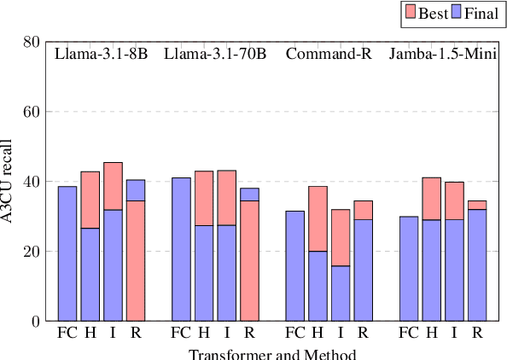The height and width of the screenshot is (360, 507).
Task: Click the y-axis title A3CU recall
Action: [8, 182]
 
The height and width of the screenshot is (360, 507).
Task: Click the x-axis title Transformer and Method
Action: [271, 354]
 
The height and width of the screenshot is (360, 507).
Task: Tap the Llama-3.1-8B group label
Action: [101, 55]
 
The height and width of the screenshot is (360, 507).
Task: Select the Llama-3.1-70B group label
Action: [214, 55]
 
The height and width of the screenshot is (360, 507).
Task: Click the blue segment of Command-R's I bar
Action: [340, 293]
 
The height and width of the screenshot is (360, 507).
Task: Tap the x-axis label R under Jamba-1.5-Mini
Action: [476, 333]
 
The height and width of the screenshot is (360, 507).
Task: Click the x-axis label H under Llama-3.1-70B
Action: [204, 333]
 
